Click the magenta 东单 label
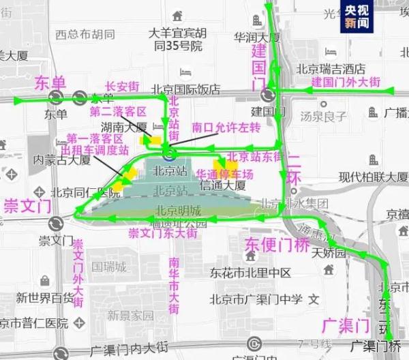(50, 82)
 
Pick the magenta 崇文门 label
(26, 205)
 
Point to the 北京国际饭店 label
(189, 89)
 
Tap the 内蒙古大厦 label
(62, 159)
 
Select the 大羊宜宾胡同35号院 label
(179, 40)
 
